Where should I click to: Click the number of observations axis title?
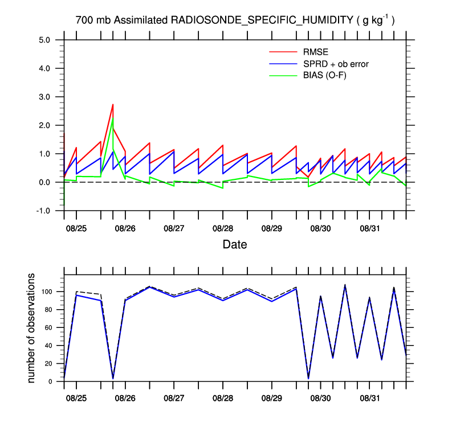[32, 328]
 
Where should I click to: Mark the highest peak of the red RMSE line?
[113, 104]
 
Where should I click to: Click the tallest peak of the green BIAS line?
[113, 118]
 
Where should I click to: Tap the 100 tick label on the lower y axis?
[47, 291]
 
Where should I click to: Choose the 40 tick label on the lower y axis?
[48, 346]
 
